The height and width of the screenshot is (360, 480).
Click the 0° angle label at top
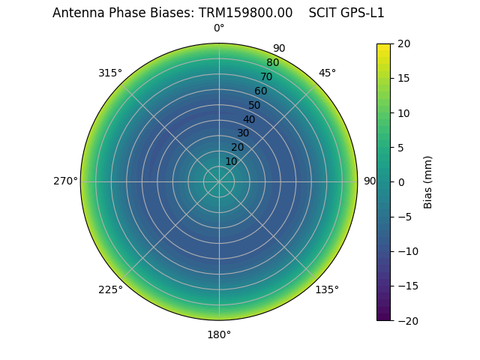pos(219,28)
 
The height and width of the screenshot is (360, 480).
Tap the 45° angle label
pos(327,73)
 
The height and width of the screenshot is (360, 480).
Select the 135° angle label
pos(327,289)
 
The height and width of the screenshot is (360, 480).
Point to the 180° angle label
pos(219,334)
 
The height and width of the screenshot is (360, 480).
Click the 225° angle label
pos(110,289)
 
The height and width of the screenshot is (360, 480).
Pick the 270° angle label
pos(65,181)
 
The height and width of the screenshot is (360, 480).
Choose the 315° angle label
pos(110,73)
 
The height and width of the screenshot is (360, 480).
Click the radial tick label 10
pos(231,161)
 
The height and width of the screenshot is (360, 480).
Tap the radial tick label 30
pos(243,133)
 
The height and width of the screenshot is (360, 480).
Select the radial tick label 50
pos(255,106)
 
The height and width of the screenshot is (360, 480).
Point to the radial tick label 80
pos(272,63)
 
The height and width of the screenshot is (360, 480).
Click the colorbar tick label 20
pos(403,43)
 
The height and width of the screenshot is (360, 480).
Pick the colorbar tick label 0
pos(400,182)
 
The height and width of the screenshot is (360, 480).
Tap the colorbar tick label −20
pos(406,320)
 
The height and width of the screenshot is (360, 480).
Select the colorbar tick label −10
pos(406,251)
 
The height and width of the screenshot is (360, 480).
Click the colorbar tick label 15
pos(403,78)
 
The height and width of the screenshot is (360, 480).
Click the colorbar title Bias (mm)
pos(428,182)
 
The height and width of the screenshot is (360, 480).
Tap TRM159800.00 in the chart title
pos(245,13)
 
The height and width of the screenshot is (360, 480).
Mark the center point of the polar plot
pos(219,181)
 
